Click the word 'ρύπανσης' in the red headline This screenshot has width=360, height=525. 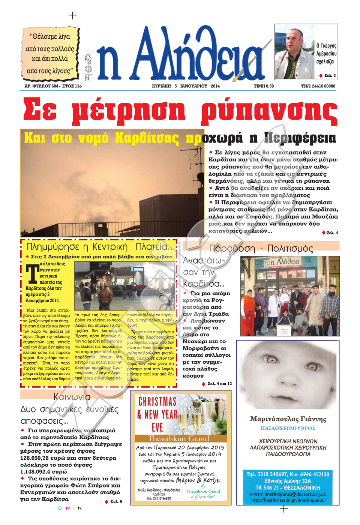click(x=268, y=111)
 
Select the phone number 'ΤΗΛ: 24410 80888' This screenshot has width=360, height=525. click(x=318, y=86)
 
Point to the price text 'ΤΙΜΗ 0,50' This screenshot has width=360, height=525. click(x=264, y=86)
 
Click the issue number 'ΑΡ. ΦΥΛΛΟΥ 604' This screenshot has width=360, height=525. click(x=41, y=86)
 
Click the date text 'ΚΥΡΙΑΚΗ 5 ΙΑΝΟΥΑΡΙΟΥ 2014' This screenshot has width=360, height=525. click(x=186, y=86)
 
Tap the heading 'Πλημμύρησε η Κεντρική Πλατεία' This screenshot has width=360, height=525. click(x=99, y=247)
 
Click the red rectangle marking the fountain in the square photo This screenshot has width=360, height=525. click(x=138, y=277)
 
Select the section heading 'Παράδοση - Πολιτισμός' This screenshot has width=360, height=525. click(x=261, y=248)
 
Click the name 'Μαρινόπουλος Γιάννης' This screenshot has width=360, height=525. click(x=288, y=419)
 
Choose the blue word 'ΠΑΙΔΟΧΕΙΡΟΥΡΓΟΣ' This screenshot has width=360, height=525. click(x=288, y=428)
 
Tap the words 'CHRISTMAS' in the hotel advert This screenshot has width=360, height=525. click(x=157, y=402)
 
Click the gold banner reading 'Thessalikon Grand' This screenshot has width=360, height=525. click(x=178, y=438)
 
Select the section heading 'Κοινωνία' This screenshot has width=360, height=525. click(x=72, y=397)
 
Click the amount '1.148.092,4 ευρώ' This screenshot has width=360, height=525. click(x=43, y=472)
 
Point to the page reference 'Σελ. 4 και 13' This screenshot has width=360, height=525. click(x=219, y=384)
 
